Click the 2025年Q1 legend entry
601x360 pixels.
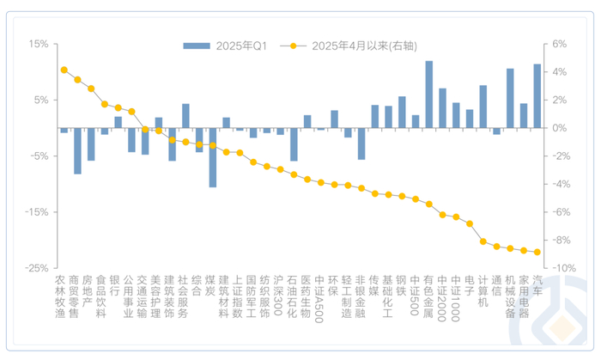[x=225, y=46]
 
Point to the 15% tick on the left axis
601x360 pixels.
[x=38, y=44]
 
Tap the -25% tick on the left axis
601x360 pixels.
[x=36, y=268]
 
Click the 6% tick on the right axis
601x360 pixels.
[x=559, y=44]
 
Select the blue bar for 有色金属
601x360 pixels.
[x=428, y=95]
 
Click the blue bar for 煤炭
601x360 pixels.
[x=213, y=157]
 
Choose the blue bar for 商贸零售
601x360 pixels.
[x=77, y=150]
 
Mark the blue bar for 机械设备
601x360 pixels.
[x=510, y=98]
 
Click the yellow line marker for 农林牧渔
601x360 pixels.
[x=64, y=70]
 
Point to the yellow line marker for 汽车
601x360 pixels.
[x=537, y=252]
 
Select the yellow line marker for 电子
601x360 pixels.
[x=470, y=223]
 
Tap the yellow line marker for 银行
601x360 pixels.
[x=118, y=107]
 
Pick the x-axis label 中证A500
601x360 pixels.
[x=320, y=296]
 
